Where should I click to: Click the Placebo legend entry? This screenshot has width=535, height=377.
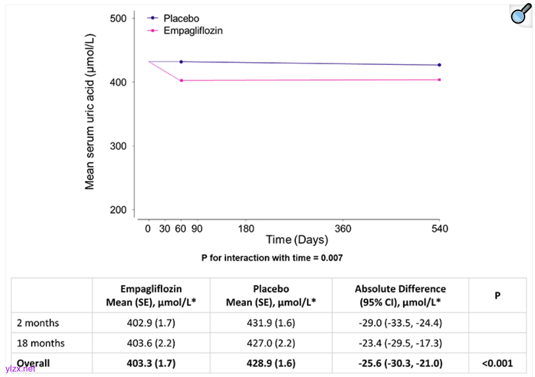pos(181,19)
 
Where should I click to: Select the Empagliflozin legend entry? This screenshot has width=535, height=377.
pos(193,31)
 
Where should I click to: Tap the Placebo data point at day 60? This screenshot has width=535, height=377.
pos(182,62)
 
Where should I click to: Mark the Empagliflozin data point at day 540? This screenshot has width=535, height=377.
pos(439,80)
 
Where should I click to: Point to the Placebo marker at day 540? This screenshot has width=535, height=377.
pos(439,65)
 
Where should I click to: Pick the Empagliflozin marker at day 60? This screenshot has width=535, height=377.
pos(182,81)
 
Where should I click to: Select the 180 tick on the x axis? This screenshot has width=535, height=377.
pos(245,228)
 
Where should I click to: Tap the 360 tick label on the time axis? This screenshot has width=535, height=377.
pos(343,228)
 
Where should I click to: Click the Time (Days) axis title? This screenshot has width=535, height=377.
pos(297,240)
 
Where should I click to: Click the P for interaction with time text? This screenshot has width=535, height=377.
pos(272,257)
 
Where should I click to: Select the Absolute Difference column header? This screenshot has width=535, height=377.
pos(400,295)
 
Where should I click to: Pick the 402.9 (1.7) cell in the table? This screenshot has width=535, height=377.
pos(151,323)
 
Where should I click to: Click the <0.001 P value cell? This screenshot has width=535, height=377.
pos(497,363)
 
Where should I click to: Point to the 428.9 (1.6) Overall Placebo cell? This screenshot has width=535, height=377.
pos(271,363)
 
